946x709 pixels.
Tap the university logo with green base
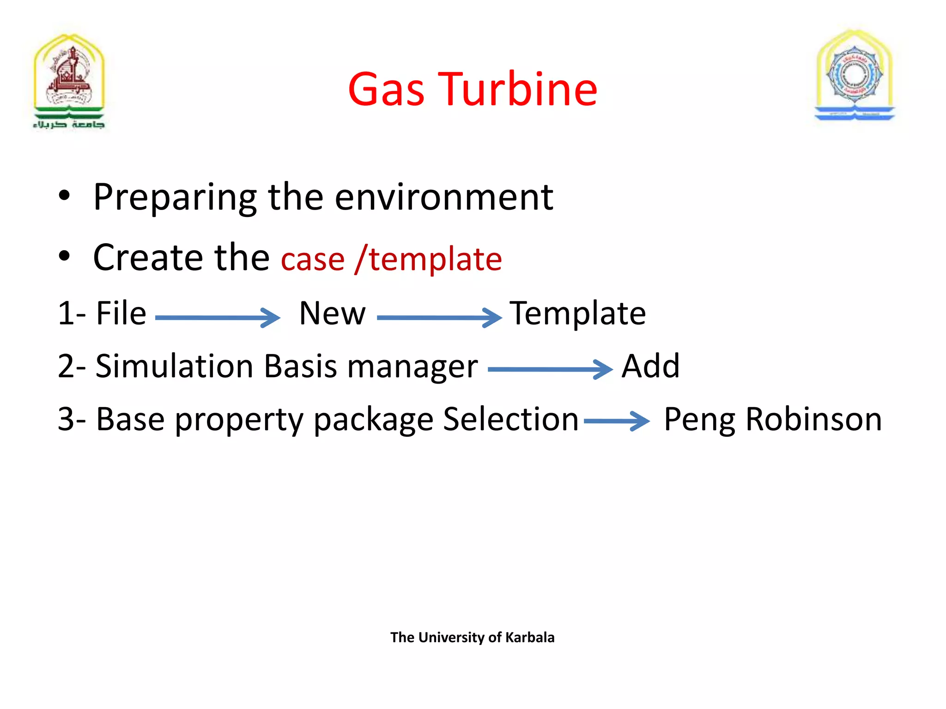(x=69, y=81)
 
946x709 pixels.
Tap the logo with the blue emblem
(x=855, y=76)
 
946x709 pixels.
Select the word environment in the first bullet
(x=443, y=198)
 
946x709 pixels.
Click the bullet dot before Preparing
(x=64, y=196)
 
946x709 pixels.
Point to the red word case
(x=313, y=259)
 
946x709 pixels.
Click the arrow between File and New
(x=218, y=318)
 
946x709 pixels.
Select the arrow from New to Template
(x=439, y=318)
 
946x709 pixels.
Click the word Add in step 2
(x=650, y=367)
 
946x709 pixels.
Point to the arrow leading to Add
(x=550, y=369)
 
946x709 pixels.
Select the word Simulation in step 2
(x=174, y=367)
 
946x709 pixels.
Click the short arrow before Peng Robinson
(x=617, y=421)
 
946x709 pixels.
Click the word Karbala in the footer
(x=530, y=637)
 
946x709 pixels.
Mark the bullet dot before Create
(x=64, y=256)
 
